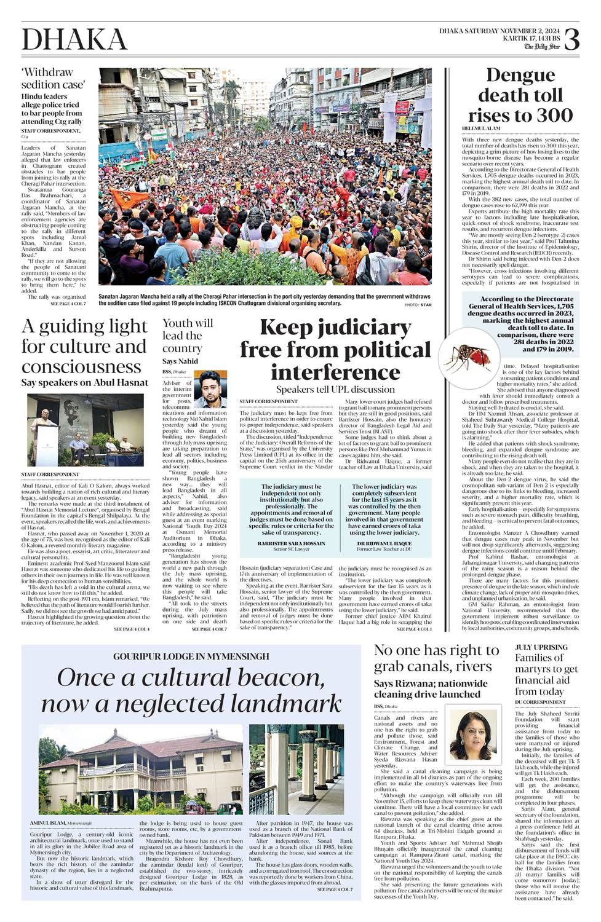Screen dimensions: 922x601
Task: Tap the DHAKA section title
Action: coord(74,40)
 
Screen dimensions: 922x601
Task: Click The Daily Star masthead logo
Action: coord(542,47)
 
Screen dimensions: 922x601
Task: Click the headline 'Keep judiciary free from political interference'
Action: coord(335,350)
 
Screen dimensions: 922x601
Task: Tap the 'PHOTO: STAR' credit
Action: coord(418,305)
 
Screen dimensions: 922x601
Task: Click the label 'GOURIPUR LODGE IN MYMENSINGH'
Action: coord(191,656)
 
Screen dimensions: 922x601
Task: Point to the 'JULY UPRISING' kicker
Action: coord(541,647)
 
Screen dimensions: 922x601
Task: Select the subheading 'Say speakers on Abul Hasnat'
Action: coord(85,382)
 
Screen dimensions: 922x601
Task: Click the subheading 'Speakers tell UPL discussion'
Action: coord(335,389)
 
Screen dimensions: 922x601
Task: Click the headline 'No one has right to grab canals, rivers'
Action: coord(436,658)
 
